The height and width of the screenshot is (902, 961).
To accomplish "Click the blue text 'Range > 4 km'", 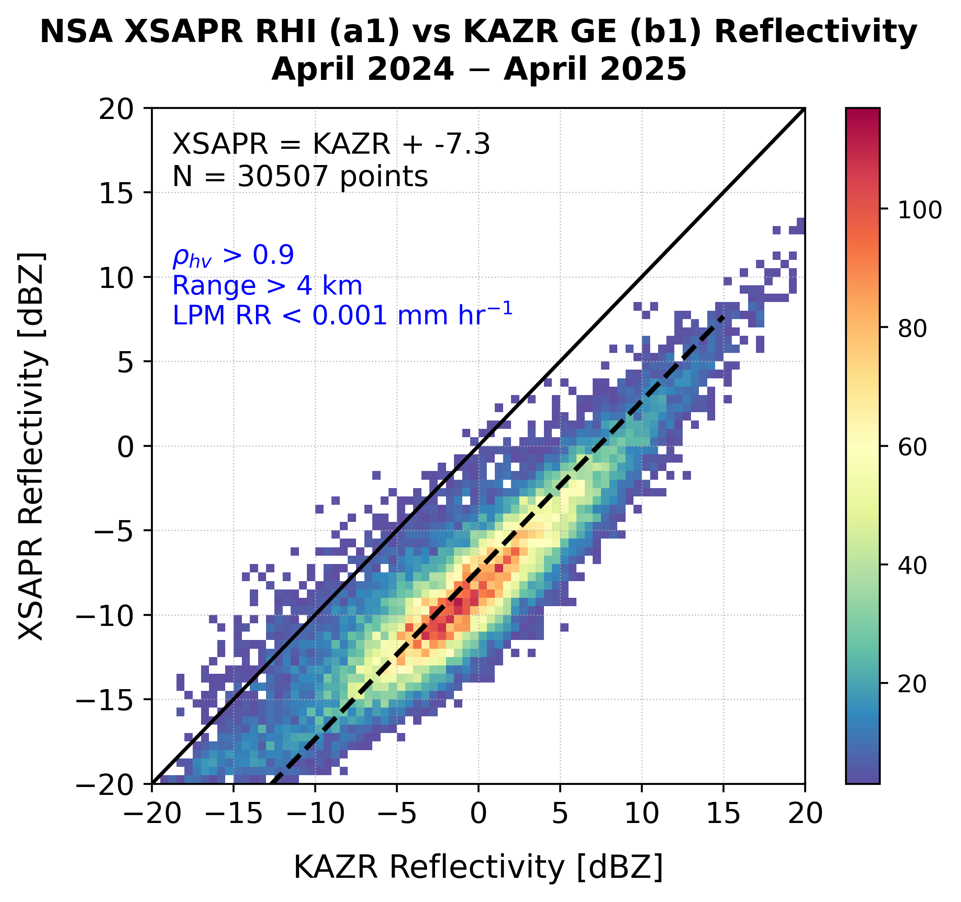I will point(267,286).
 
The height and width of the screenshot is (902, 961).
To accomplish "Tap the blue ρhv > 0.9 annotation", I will point(233,256).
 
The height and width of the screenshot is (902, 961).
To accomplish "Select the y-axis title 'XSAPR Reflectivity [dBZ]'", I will point(32,446).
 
